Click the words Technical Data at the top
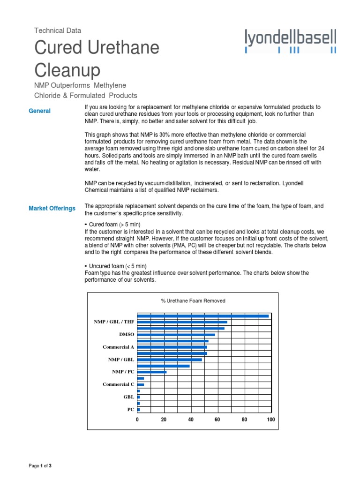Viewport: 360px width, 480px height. [x=58, y=30]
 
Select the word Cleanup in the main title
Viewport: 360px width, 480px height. [x=67, y=70]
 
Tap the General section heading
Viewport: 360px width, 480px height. [x=39, y=111]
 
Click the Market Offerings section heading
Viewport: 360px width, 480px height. [x=52, y=208]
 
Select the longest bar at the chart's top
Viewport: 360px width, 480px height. [x=202, y=316]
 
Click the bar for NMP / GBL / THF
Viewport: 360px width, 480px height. [x=182, y=322]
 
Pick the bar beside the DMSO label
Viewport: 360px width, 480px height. [x=176, y=335]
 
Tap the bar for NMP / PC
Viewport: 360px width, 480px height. [x=151, y=372]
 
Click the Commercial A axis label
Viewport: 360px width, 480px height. [x=118, y=347]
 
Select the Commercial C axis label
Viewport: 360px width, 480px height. [x=118, y=384]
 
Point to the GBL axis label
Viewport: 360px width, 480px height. [x=128, y=397]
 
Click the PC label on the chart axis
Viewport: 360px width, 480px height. [x=130, y=409]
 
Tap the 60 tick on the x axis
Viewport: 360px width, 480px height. [x=217, y=420]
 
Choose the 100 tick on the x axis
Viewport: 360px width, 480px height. [x=270, y=420]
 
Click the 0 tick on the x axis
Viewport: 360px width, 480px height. [x=137, y=420]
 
